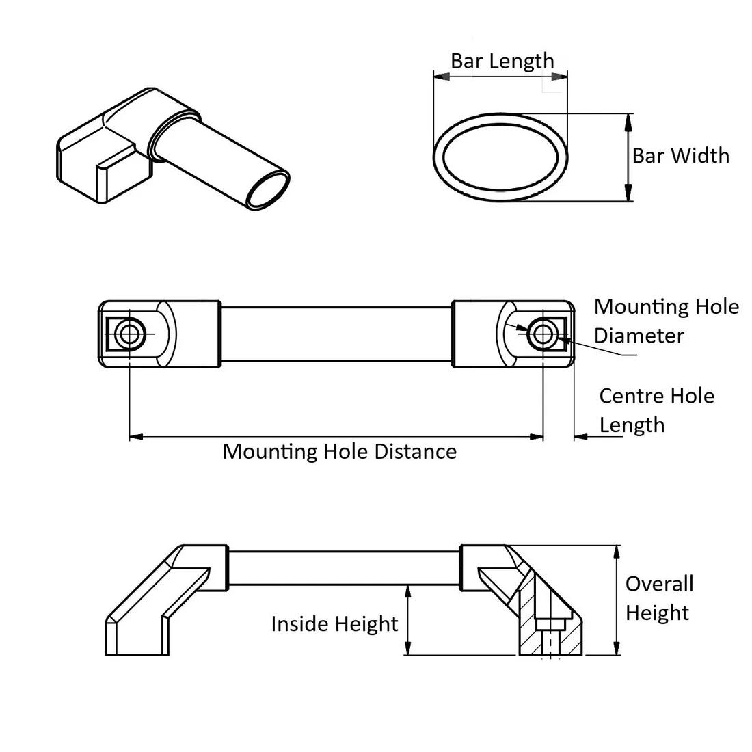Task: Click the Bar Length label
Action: pos(502,61)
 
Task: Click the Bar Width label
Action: pos(680,156)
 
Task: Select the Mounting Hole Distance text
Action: pos(340,451)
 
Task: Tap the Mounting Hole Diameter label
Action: pos(666,321)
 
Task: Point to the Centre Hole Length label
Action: pos(656,410)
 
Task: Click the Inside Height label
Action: pos(334,623)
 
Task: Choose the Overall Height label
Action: pos(659,598)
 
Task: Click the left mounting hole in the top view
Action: pos(129,334)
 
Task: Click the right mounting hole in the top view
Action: pos(543,334)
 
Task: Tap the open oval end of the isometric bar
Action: pos(268,189)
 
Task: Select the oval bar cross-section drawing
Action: pos(501,156)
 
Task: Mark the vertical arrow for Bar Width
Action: pos(628,157)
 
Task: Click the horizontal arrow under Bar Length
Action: pos(501,77)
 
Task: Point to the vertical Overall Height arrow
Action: pos(617,600)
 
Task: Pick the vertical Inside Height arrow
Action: pos(408,620)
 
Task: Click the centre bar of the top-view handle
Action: pos(335,334)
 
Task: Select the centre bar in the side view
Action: pos(344,567)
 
